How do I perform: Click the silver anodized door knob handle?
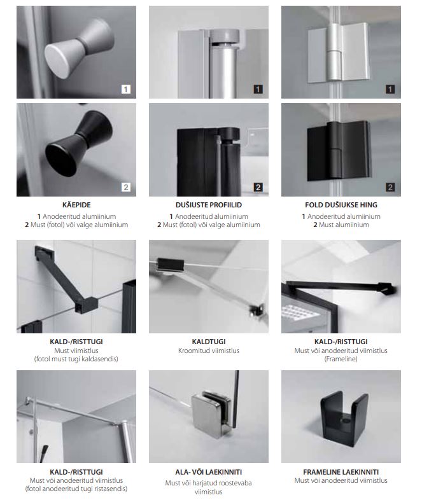click(79, 47)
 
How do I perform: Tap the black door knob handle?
click(79, 143)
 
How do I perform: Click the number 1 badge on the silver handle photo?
click(126, 89)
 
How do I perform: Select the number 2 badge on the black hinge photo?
click(390, 187)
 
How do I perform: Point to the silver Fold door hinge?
click(338, 53)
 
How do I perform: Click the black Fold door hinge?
click(338, 150)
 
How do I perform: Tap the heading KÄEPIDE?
click(76, 205)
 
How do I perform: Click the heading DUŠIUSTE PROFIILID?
click(209, 205)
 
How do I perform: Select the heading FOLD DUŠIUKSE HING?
click(341, 205)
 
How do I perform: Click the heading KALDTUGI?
click(209, 342)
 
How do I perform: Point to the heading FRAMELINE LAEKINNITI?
click(341, 472)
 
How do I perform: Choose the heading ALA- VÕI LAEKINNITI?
click(209, 472)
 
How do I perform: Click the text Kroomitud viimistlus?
click(209, 351)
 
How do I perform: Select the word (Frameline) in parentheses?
click(341, 359)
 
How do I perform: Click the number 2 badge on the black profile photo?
click(258, 187)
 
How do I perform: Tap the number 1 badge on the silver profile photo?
click(258, 89)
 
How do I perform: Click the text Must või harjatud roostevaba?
click(209, 483)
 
